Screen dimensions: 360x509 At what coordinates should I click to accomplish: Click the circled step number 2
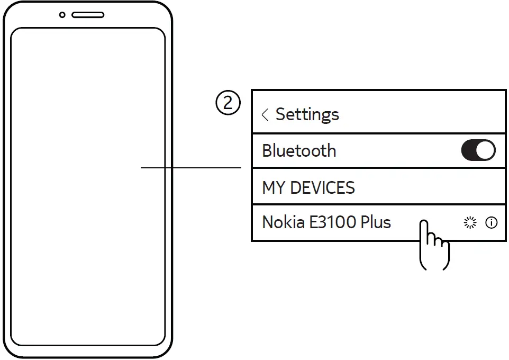[x=228, y=104]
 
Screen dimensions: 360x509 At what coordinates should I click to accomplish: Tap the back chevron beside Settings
[x=265, y=114]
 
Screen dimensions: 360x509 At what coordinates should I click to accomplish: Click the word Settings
[x=307, y=114]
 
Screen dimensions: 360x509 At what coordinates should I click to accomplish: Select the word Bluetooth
[x=299, y=151]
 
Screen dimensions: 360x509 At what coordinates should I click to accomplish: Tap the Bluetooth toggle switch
[x=478, y=151]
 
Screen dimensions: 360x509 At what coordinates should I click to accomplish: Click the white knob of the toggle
[x=486, y=151]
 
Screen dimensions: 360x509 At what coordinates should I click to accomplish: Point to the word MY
[x=274, y=188]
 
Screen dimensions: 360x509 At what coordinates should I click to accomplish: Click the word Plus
[x=376, y=222]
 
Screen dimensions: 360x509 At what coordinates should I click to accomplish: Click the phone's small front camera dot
[x=62, y=15]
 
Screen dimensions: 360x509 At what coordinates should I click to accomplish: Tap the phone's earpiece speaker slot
[x=88, y=15]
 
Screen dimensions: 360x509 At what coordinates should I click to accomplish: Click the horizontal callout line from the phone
[x=190, y=168]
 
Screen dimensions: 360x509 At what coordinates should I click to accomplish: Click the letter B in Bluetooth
[x=267, y=151]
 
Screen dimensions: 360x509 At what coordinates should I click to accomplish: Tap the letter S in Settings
[x=281, y=114]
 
